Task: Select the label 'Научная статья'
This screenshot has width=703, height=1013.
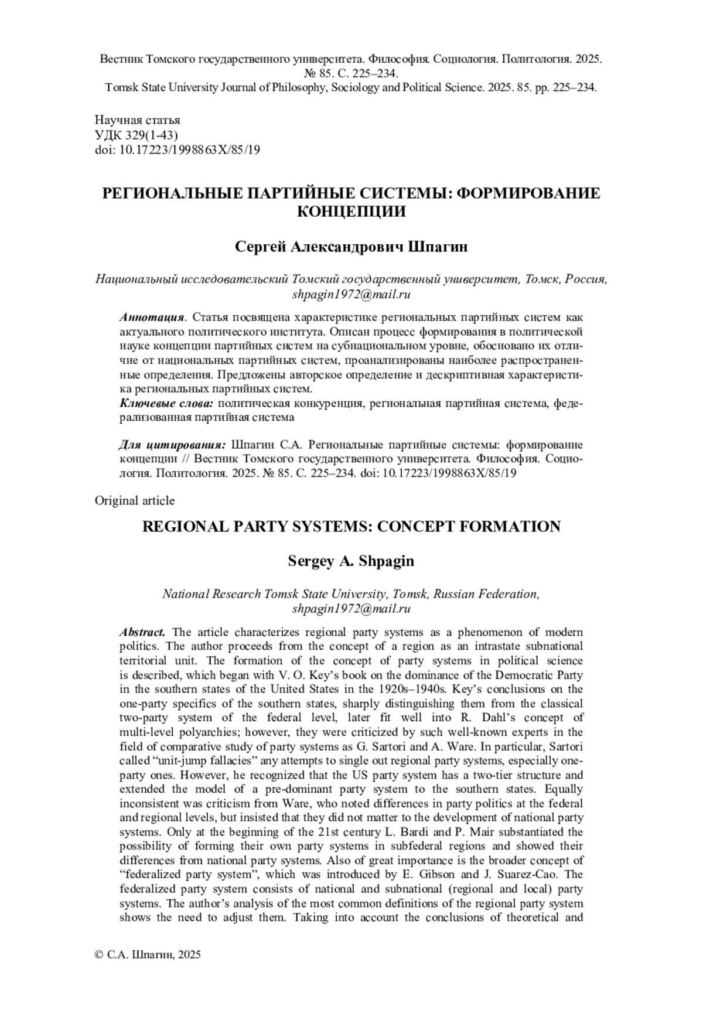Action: coord(137,120)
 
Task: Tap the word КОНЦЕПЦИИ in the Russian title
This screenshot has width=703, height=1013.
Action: coord(351,212)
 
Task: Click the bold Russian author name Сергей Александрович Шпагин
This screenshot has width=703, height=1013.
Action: coord(351,247)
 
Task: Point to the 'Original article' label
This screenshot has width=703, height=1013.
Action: coord(135,500)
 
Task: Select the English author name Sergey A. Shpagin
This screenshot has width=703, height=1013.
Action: coord(351,561)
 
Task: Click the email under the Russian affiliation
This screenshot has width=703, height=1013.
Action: coord(351,294)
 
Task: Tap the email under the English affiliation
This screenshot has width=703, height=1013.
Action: coord(351,608)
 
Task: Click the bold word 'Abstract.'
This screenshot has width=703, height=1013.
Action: coord(142,632)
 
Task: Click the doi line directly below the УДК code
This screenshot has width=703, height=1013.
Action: coord(178,149)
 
